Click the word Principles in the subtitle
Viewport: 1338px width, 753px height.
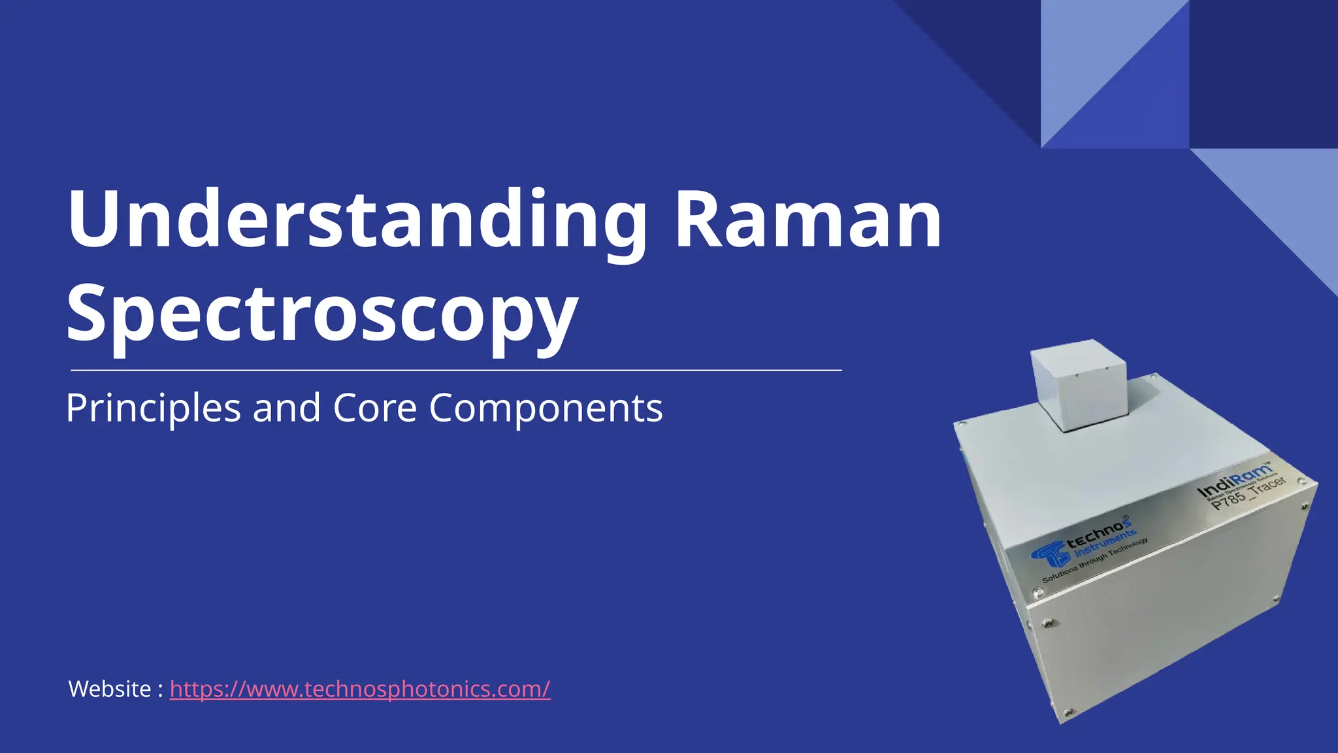point(154,408)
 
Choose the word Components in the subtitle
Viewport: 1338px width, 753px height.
point(546,408)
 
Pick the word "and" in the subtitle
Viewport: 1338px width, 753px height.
point(286,408)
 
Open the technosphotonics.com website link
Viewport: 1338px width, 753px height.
point(360,689)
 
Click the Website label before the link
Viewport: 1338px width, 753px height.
point(110,689)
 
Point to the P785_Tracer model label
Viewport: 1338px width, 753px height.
point(1248,494)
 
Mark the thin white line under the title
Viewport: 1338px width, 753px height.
point(456,370)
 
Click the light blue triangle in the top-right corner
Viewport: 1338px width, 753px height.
point(1085,59)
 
